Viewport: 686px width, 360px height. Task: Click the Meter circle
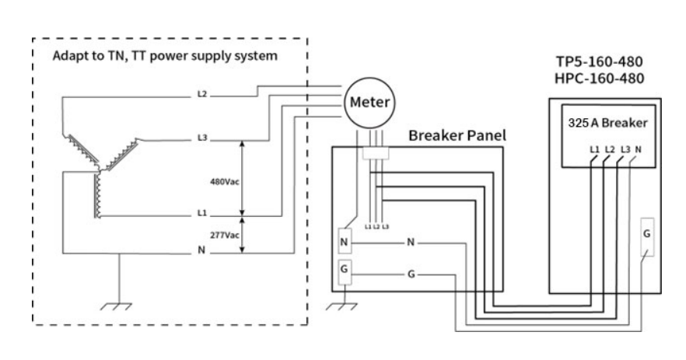tap(370, 103)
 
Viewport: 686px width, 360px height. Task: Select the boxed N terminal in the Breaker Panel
tap(344, 242)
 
